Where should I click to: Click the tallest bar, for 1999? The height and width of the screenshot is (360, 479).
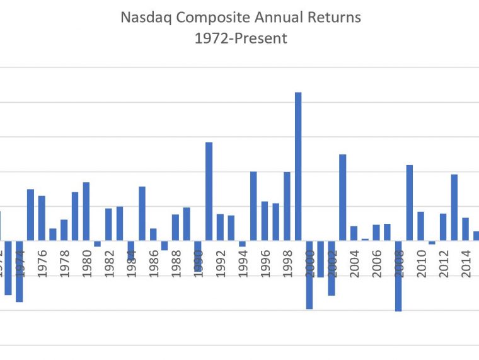pyautogui.click(x=298, y=166)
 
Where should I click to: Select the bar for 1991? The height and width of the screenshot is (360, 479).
pyautogui.click(x=209, y=191)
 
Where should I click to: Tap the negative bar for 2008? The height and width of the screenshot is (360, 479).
pyautogui.click(x=398, y=276)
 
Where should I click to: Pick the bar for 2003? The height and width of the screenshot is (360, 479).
pyautogui.click(x=343, y=197)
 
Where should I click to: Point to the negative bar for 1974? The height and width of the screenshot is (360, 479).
pyautogui.click(x=20, y=271)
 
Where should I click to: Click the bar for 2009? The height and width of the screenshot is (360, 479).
pyautogui.click(x=410, y=202)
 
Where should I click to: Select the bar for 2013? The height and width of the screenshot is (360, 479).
pyautogui.click(x=454, y=207)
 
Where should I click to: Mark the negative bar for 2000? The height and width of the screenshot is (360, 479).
pyautogui.click(x=309, y=274)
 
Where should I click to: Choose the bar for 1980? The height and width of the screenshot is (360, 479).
pyautogui.click(x=86, y=211)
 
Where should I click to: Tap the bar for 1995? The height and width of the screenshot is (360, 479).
pyautogui.click(x=253, y=206)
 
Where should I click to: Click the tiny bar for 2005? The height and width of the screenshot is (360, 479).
pyautogui.click(x=365, y=240)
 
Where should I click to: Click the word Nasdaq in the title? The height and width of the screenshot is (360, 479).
pyautogui.click(x=144, y=17)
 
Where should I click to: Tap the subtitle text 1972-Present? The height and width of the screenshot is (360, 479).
pyautogui.click(x=241, y=38)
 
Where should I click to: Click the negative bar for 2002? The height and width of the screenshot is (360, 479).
pyautogui.click(x=332, y=268)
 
